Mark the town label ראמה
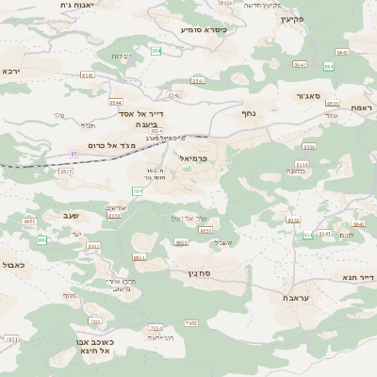pos(363,109)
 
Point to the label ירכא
pos(10,71)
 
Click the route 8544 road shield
pos(115,101)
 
